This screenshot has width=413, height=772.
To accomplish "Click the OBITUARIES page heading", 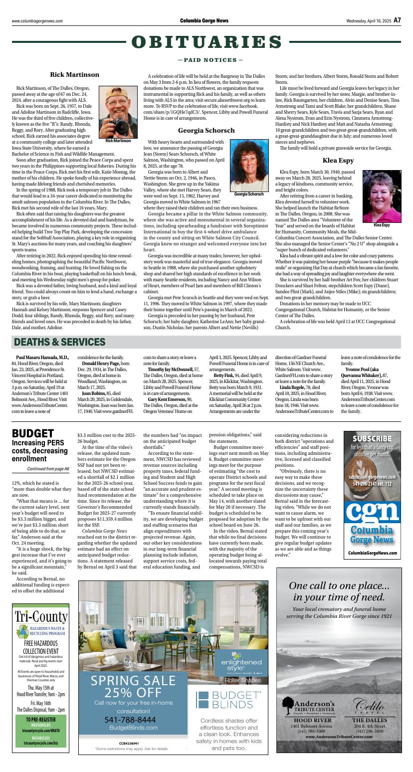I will coord(206,42).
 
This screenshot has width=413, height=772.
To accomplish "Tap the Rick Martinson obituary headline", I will coord(74,75).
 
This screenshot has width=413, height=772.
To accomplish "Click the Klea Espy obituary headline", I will coord(338,161).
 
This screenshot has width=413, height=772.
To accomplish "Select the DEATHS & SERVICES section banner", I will coord(60,342).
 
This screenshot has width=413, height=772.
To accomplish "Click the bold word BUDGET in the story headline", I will coord(32,433).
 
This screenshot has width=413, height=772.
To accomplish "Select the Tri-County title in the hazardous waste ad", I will coord(41,617).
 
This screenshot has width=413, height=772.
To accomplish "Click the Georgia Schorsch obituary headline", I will coord(206,131).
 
